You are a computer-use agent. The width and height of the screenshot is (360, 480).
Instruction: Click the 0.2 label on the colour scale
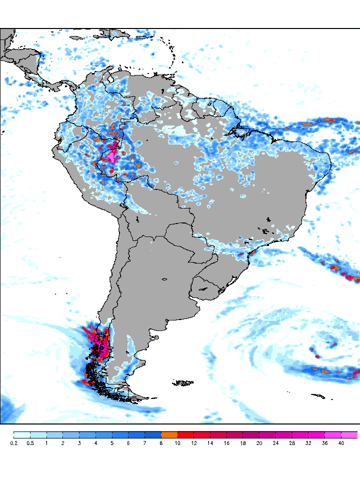(13, 443)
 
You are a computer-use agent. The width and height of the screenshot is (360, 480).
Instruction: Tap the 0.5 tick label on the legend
(30, 443)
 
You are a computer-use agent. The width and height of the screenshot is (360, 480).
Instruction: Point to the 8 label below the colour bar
(161, 443)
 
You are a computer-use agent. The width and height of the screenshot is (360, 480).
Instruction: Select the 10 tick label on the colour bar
(177, 443)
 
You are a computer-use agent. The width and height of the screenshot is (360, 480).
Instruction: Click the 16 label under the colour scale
(226, 443)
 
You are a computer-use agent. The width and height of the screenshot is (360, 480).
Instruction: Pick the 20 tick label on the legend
(259, 443)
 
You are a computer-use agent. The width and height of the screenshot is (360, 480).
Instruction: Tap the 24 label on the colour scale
(275, 443)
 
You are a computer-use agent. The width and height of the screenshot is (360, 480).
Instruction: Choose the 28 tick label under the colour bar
(292, 443)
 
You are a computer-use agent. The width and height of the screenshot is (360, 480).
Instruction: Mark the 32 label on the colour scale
(308, 443)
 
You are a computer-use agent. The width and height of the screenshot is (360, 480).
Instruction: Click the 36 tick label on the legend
(324, 443)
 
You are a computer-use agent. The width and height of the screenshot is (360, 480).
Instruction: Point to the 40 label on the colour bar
(341, 443)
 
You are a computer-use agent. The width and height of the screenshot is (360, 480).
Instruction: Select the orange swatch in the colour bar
(169, 434)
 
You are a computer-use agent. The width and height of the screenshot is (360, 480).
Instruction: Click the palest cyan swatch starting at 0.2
(22, 434)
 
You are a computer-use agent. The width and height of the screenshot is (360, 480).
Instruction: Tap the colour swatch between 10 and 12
(185, 434)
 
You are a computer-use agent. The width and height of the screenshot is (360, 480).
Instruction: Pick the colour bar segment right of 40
(349, 434)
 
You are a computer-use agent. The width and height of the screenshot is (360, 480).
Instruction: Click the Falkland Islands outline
(184, 383)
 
